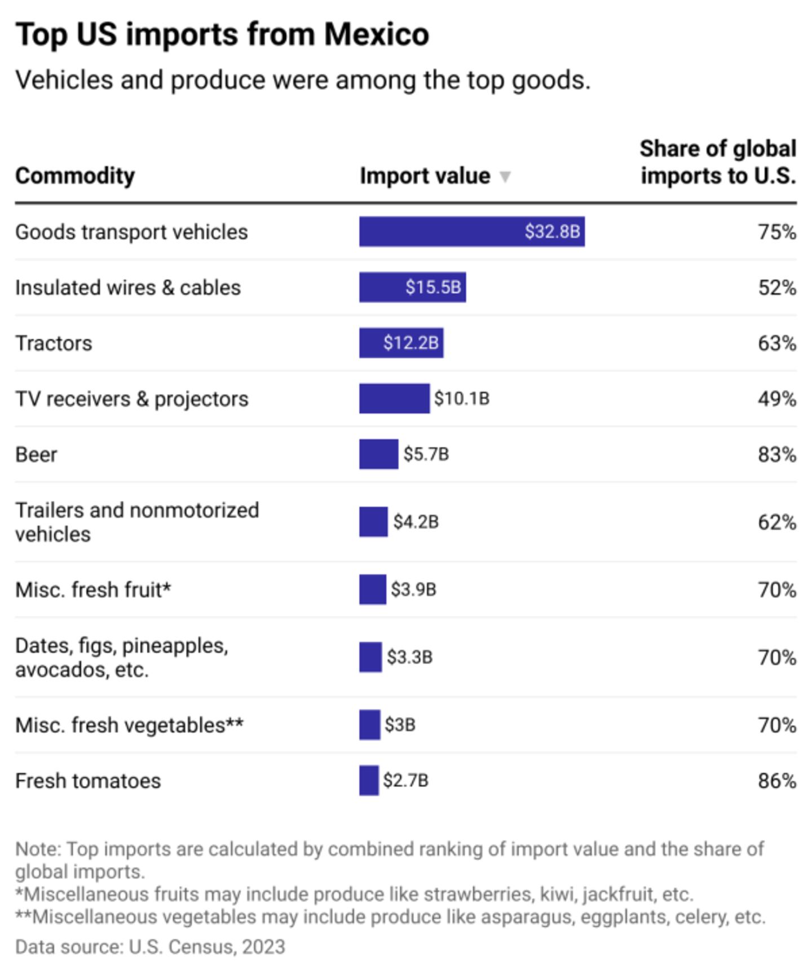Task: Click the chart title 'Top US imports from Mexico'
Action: coord(222,35)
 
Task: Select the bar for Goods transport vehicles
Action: coord(471,232)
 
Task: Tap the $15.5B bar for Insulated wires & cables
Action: coord(412,288)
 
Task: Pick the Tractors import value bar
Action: coord(401,343)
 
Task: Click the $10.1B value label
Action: coord(461,399)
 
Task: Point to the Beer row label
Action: coord(36,455)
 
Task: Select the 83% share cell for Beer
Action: coord(776,455)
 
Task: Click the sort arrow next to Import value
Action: coord(505,177)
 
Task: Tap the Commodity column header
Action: coord(75,176)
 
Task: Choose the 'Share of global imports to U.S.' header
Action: coord(718,162)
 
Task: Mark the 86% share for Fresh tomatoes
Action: coord(776,781)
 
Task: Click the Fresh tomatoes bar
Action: coord(369,781)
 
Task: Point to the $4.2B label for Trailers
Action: coord(416,522)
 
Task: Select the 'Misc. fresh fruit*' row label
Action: coord(93,590)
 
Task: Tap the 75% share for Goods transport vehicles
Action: coord(776,232)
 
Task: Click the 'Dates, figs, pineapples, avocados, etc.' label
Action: coord(121,658)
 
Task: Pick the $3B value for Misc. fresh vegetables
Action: coord(400,725)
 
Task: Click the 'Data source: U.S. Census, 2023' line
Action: coord(150,946)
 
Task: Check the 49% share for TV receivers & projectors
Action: coord(776,399)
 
